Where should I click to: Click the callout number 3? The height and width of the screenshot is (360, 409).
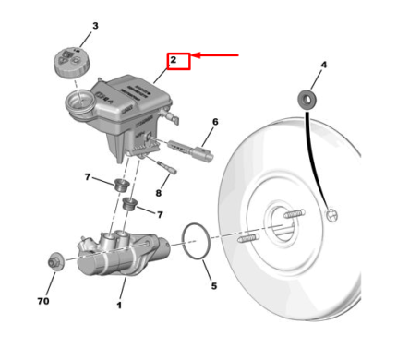tap(95, 26)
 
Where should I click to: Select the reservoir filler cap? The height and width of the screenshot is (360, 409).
tap(72, 63)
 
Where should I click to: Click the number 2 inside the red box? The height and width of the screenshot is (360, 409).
tap(174, 60)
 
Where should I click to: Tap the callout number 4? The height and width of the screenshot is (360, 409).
tap(323, 65)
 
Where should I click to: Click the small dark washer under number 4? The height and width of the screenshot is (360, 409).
tap(307, 100)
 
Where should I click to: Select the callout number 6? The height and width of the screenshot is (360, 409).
tap(215, 122)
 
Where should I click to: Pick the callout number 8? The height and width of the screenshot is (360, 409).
tap(158, 193)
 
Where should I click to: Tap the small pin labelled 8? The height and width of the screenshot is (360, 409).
tap(167, 167)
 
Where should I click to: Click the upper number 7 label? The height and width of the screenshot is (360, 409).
tap(88, 177)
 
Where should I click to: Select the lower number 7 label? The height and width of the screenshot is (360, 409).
tap(160, 214)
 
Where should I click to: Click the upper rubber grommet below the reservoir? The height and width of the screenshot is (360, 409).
tap(121, 185)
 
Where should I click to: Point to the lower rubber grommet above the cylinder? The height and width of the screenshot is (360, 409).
tap(130, 204)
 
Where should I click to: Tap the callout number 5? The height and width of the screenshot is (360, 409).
tap(214, 286)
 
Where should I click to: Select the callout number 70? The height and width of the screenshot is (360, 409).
tap(43, 301)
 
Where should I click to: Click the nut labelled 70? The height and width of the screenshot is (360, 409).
tap(55, 261)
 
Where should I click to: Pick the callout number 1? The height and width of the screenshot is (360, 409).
tap(119, 306)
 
